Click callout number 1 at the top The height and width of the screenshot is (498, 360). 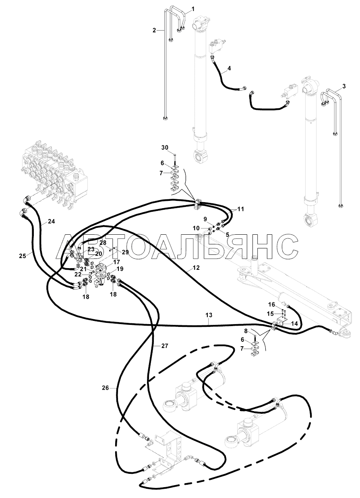(x=193, y=9)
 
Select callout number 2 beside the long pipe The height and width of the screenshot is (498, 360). (x=154, y=31)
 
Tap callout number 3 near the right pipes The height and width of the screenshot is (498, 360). (x=344, y=87)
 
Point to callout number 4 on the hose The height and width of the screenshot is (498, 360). (x=229, y=68)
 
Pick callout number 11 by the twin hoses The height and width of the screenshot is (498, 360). (x=240, y=209)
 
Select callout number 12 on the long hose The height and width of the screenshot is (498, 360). (x=197, y=268)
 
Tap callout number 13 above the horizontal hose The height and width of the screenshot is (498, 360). (x=209, y=315)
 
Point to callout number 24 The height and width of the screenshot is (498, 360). (x=52, y=221)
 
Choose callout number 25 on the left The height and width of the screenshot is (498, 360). (x=23, y=256)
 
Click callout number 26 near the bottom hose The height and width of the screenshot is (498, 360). (x=106, y=388)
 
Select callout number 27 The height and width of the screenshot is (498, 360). (x=165, y=346)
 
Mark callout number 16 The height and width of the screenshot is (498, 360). (x=272, y=304)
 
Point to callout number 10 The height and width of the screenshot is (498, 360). (x=197, y=228)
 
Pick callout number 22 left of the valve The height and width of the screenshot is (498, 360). (x=78, y=275)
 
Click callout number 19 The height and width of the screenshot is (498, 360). (x=120, y=269)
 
